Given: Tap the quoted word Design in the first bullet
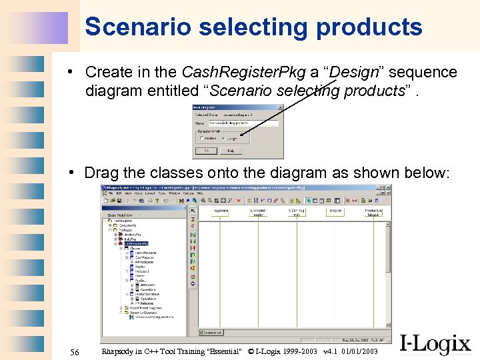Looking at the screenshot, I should (x=349, y=72).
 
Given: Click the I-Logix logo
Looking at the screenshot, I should (x=435, y=343).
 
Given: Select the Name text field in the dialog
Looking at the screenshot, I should (x=243, y=123).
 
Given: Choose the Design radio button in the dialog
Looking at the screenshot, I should (x=225, y=139).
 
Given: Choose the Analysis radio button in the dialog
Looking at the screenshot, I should (x=203, y=139).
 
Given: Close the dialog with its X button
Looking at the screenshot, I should (x=281, y=107).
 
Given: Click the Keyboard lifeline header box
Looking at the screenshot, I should (x=220, y=211).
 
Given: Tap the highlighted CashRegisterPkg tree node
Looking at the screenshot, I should (x=135, y=244).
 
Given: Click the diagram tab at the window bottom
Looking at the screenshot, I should (x=212, y=332).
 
